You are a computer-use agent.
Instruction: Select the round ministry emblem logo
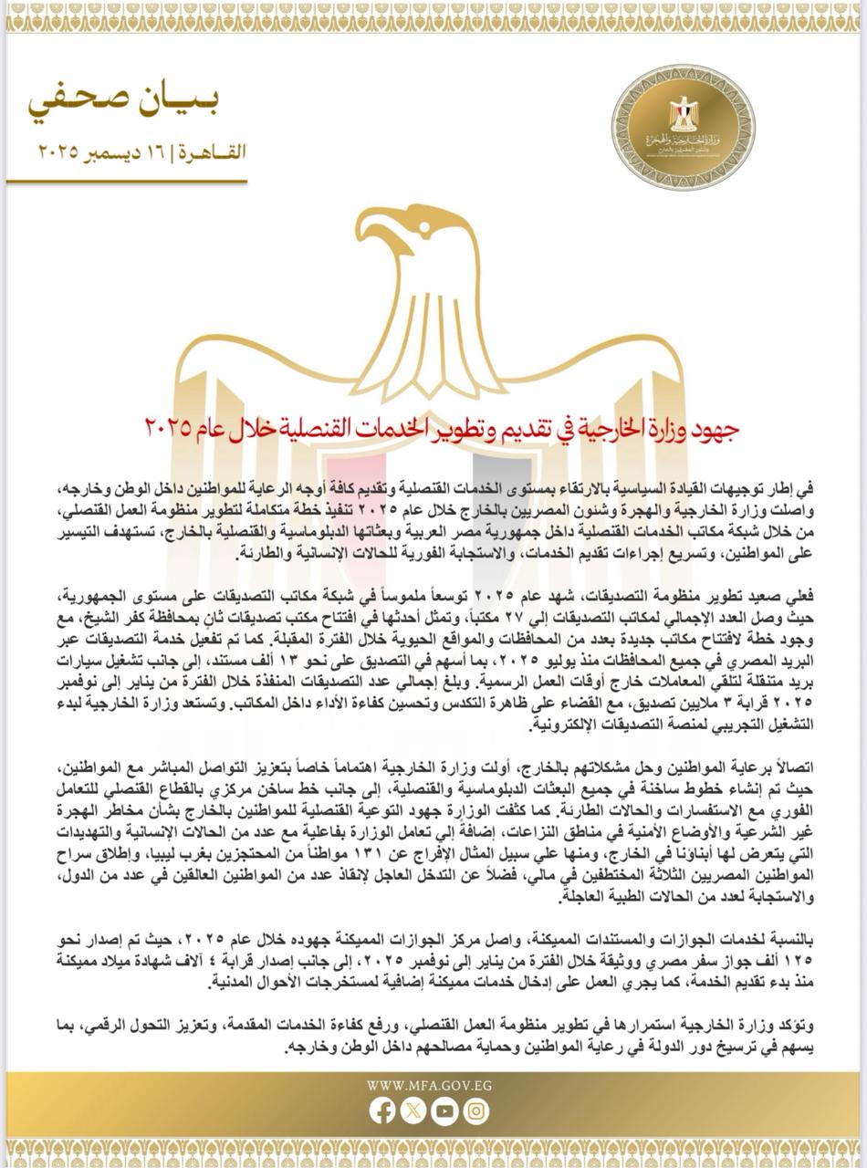point(695,129)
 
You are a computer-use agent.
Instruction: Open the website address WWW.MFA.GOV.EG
point(428,1086)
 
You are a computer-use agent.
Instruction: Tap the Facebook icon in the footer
point(382,1111)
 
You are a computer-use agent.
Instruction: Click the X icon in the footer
point(413,1111)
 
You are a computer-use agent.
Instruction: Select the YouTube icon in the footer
point(444,1111)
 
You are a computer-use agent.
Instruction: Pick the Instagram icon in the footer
point(475,1111)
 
